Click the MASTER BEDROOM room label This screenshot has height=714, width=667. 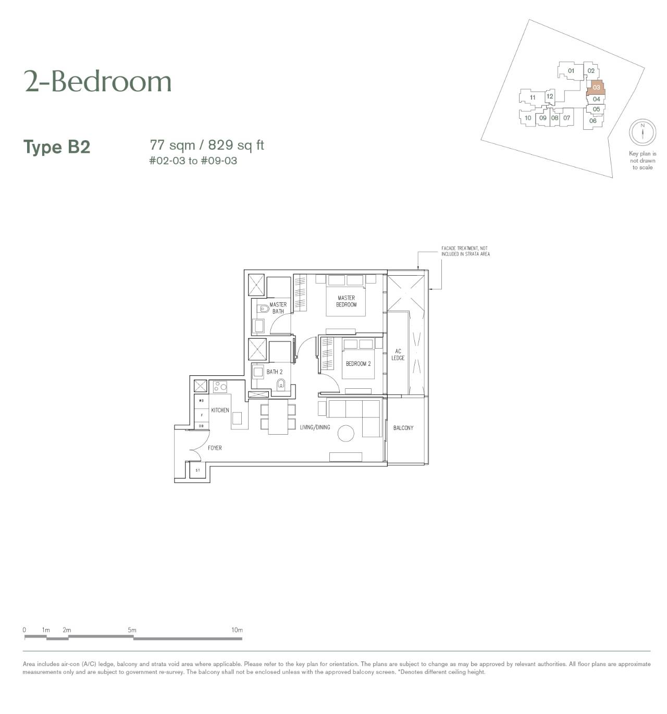[346, 301]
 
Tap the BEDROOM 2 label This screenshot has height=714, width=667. [358, 363]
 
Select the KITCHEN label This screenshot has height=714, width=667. [220, 410]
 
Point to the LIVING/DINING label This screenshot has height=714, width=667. [315, 427]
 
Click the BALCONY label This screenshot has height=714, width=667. [403, 427]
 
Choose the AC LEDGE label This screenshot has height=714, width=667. [398, 354]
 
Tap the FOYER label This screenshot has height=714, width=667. [215, 448]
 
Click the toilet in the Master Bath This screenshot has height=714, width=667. [264, 308]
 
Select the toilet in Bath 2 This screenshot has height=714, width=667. [280, 385]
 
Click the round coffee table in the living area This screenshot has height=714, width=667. [346, 433]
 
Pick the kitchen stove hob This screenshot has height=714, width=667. [220, 386]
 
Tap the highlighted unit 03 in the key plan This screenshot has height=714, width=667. [596, 88]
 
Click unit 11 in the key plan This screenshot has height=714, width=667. [533, 97]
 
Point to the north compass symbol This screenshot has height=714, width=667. [642, 131]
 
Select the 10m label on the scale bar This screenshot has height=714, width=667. [237, 630]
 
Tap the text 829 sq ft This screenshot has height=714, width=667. [236, 145]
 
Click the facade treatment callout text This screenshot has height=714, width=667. [465, 251]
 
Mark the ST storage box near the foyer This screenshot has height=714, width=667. [197, 470]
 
